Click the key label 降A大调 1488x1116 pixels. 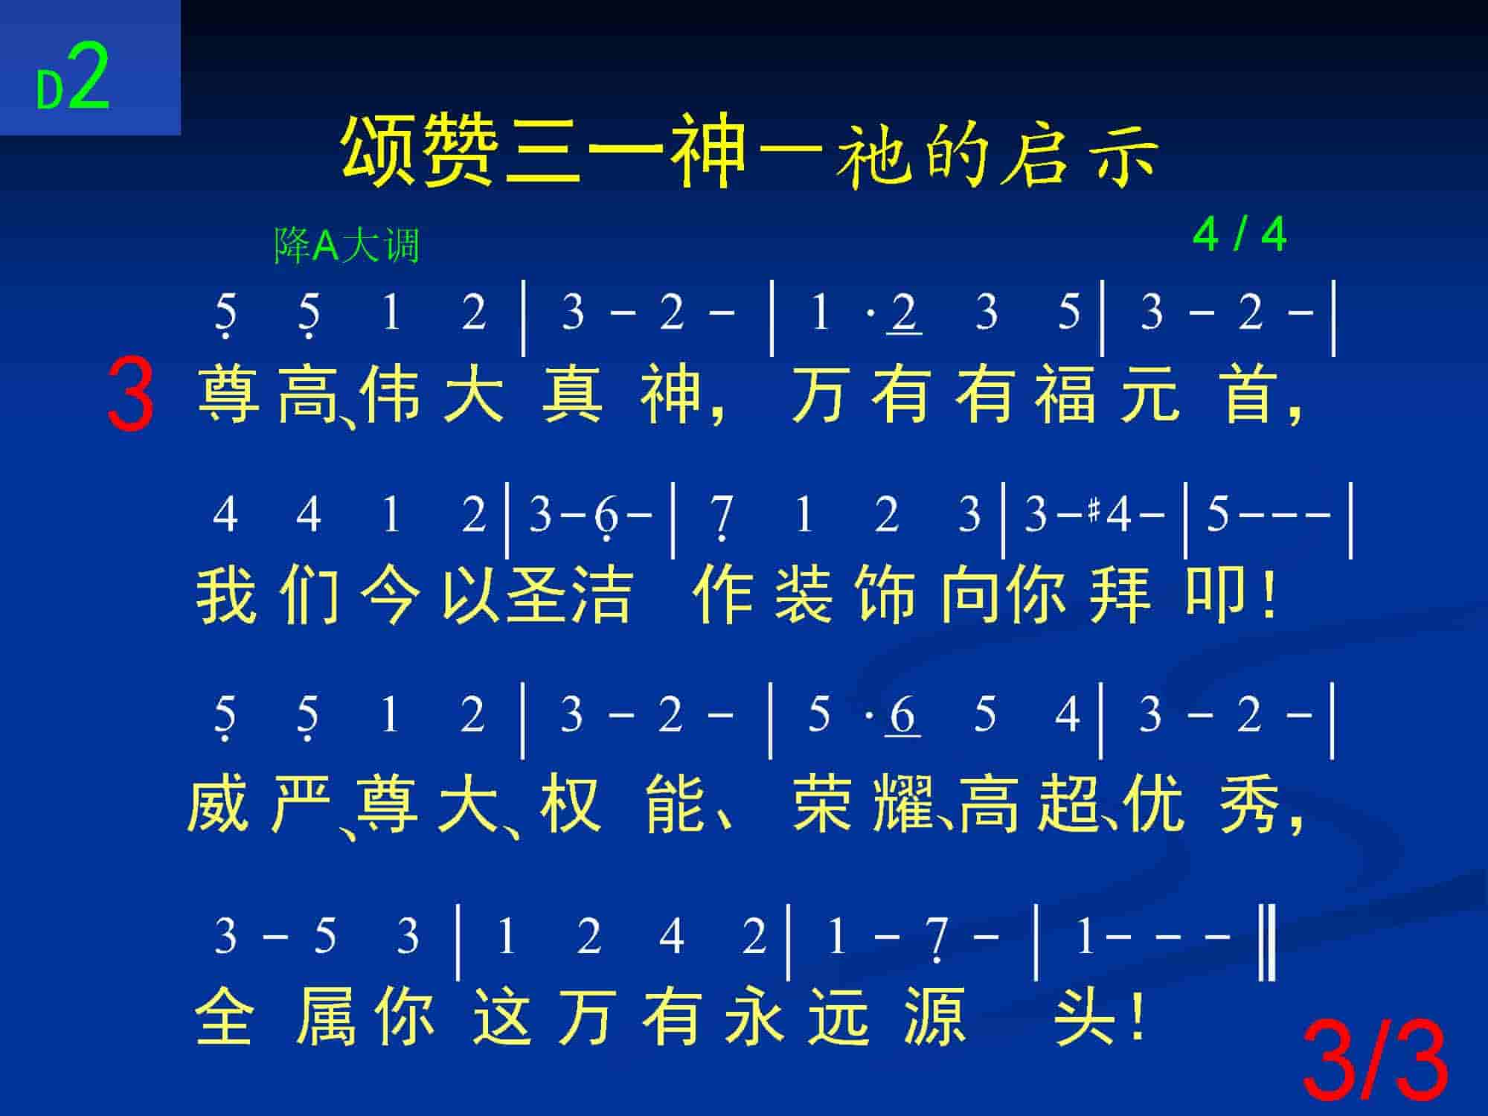click(347, 246)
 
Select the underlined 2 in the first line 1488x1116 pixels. click(904, 313)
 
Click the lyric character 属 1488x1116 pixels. click(326, 1016)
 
